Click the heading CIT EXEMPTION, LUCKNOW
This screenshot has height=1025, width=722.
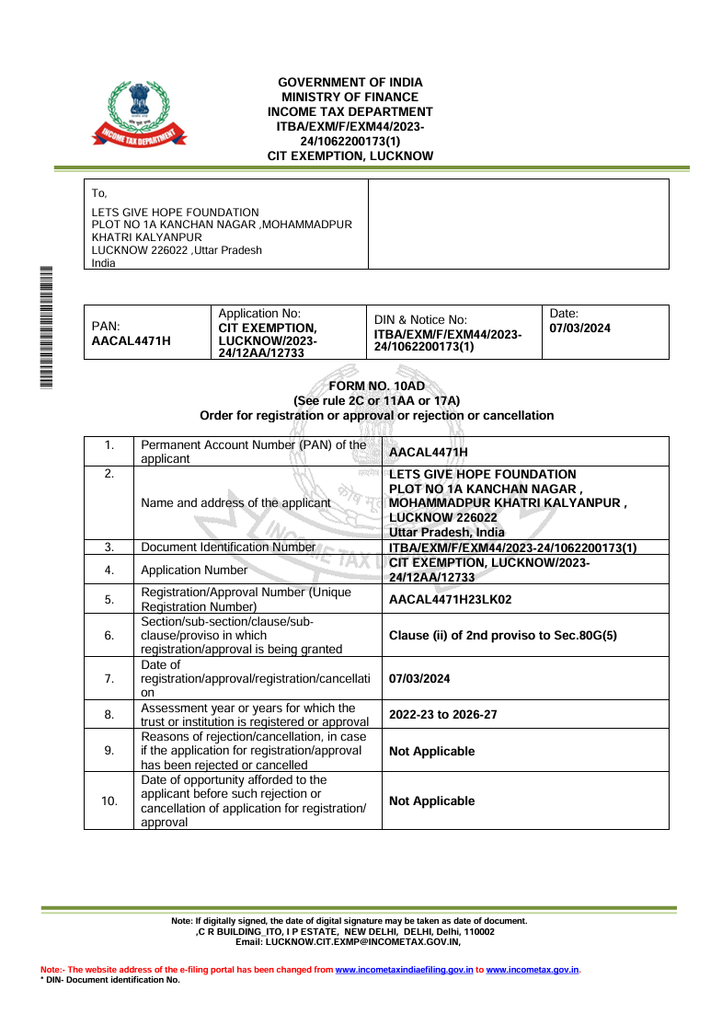(x=350, y=156)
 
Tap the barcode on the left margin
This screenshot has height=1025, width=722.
(x=46, y=327)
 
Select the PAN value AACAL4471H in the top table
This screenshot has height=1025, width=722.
(x=132, y=340)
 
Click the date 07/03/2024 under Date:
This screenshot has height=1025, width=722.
(x=579, y=328)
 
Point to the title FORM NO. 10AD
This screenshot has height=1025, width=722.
(x=376, y=386)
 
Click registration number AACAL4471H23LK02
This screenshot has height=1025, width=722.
(x=450, y=599)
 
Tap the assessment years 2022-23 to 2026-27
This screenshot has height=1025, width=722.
(x=447, y=714)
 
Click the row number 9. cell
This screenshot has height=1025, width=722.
(x=109, y=751)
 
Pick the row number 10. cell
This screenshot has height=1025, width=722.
(x=109, y=800)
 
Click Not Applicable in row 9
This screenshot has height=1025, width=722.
(x=431, y=751)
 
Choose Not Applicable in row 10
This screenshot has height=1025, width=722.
(x=431, y=800)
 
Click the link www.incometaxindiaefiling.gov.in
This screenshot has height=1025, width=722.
(x=404, y=970)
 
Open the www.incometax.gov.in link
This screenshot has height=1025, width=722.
(x=532, y=970)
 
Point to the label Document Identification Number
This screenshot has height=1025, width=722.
(x=228, y=547)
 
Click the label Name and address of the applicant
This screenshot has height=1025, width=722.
(x=235, y=503)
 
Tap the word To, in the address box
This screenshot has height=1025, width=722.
(x=99, y=193)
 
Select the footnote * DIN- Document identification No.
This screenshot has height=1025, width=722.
(x=110, y=980)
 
